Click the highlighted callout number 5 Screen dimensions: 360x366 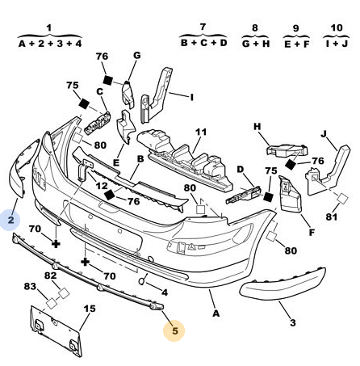(x=175, y=330)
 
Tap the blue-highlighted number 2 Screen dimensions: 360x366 (x=10, y=220)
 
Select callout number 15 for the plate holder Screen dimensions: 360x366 (x=90, y=309)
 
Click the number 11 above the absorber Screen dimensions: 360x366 (x=201, y=132)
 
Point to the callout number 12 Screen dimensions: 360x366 (x=102, y=186)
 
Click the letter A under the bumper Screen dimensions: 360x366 (x=216, y=313)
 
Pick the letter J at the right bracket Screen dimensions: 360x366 (x=324, y=133)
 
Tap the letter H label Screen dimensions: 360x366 (x=257, y=126)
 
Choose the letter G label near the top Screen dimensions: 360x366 (x=137, y=56)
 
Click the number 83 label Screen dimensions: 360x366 (x=30, y=287)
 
